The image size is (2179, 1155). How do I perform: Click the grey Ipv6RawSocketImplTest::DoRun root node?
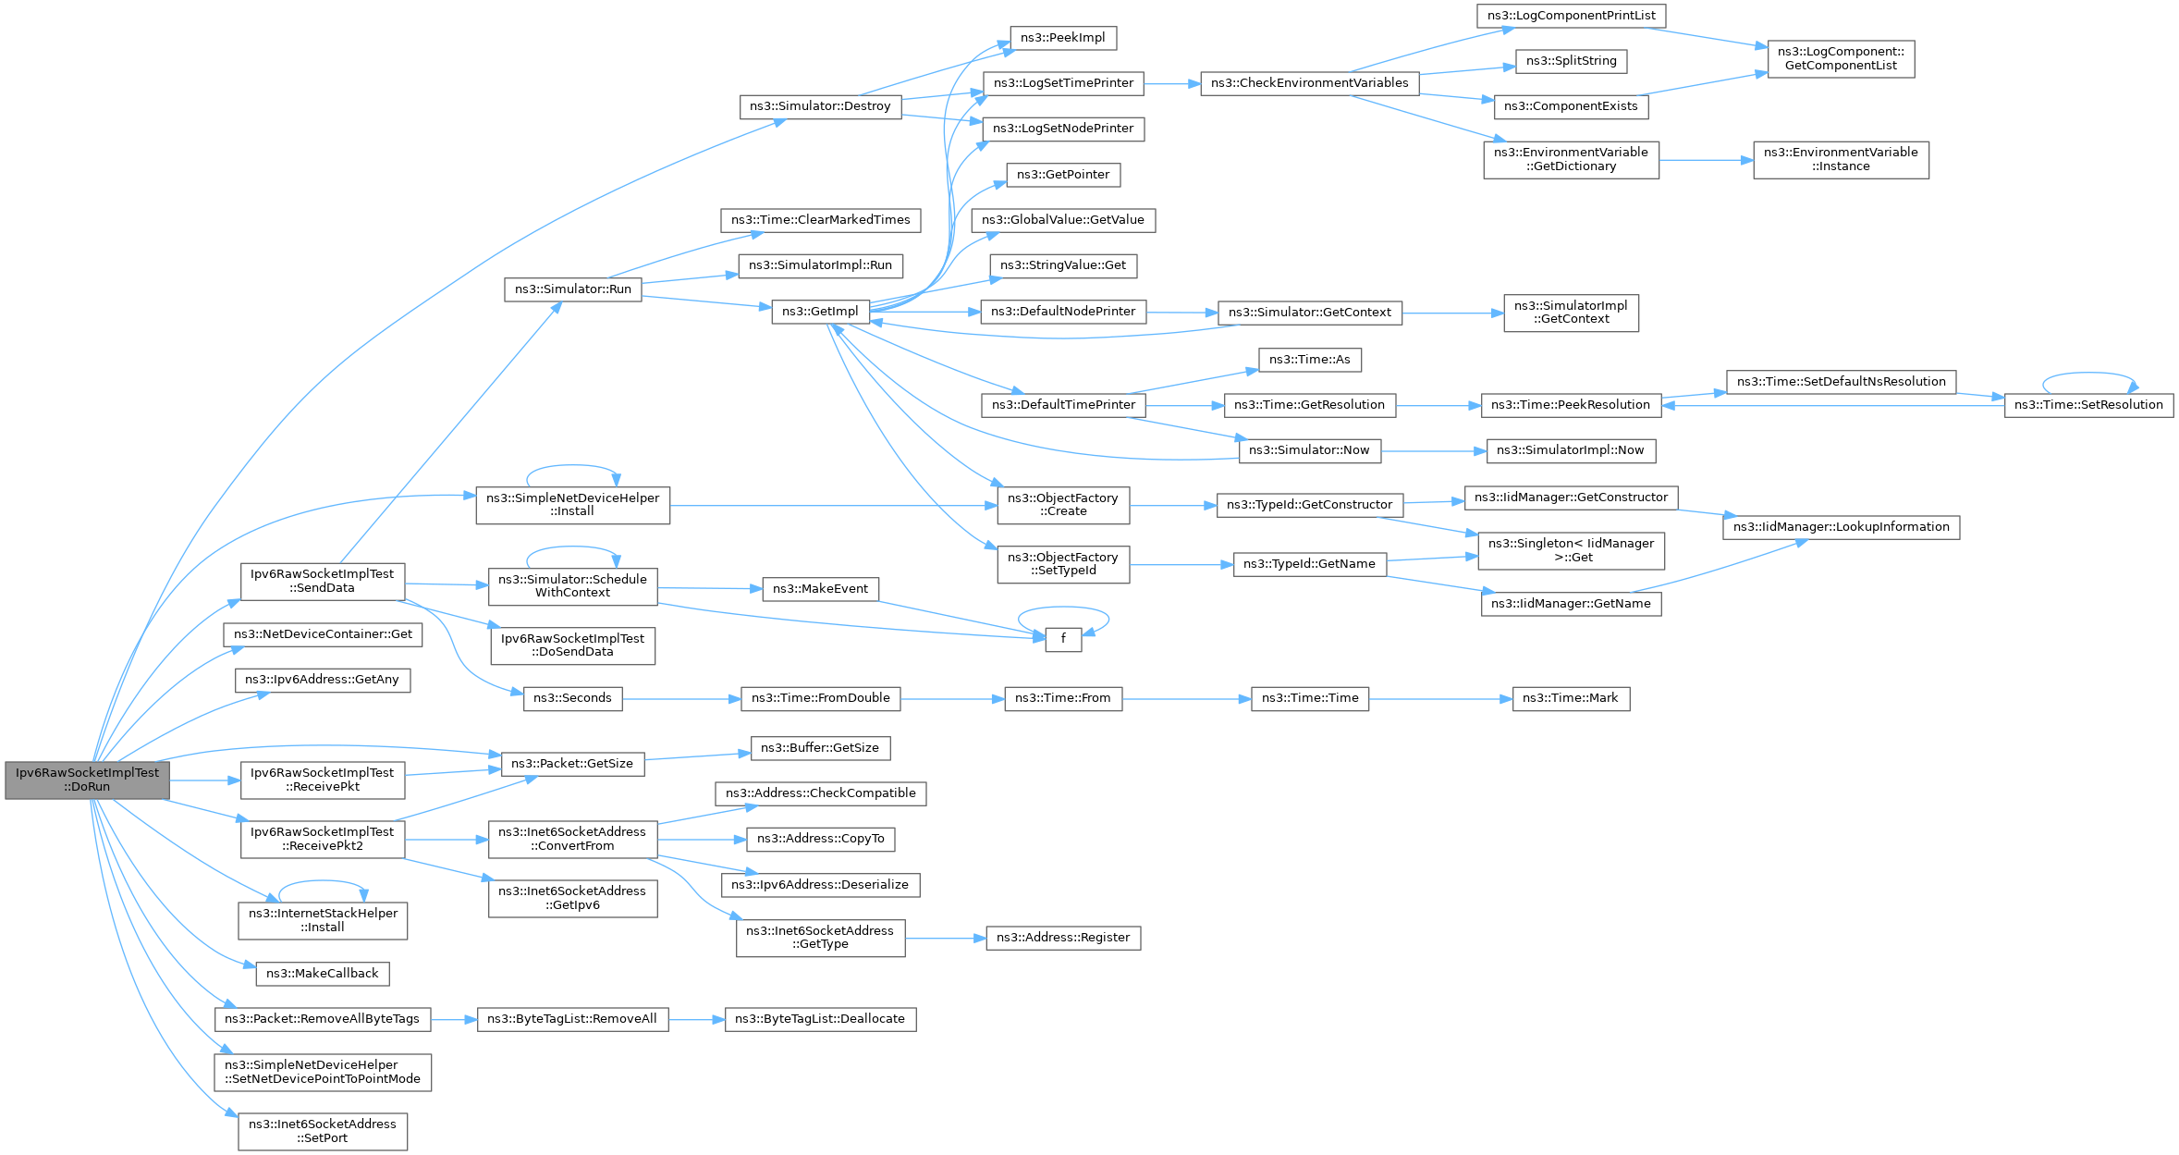point(87,780)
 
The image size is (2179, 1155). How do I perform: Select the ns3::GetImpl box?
point(820,312)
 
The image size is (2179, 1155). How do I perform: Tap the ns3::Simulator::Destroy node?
point(820,106)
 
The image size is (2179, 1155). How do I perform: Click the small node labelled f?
point(1063,639)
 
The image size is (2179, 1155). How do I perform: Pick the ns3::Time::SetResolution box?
point(2088,405)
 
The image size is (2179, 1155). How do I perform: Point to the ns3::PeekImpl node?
point(1063,38)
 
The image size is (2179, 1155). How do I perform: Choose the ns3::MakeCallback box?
point(323,974)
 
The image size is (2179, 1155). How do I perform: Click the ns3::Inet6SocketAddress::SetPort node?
point(323,1131)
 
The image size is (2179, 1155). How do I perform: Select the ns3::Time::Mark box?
point(1571,698)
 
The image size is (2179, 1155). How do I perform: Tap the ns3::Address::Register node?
point(1063,938)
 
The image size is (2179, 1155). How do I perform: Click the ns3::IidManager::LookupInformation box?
point(1841,527)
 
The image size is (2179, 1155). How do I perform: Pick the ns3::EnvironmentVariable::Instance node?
point(1841,160)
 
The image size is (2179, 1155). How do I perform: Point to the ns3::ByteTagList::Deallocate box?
point(820,1019)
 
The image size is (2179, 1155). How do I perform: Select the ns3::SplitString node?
point(1571,61)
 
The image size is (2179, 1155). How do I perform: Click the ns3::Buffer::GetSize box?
point(820,748)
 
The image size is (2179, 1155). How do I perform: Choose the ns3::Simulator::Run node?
point(573,289)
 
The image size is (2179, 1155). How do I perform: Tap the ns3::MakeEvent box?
point(820,589)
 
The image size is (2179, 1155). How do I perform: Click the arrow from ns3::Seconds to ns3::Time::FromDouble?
point(681,699)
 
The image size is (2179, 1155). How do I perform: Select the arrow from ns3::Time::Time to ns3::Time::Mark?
point(1440,699)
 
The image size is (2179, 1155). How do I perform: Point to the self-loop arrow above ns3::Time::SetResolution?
point(2088,374)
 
